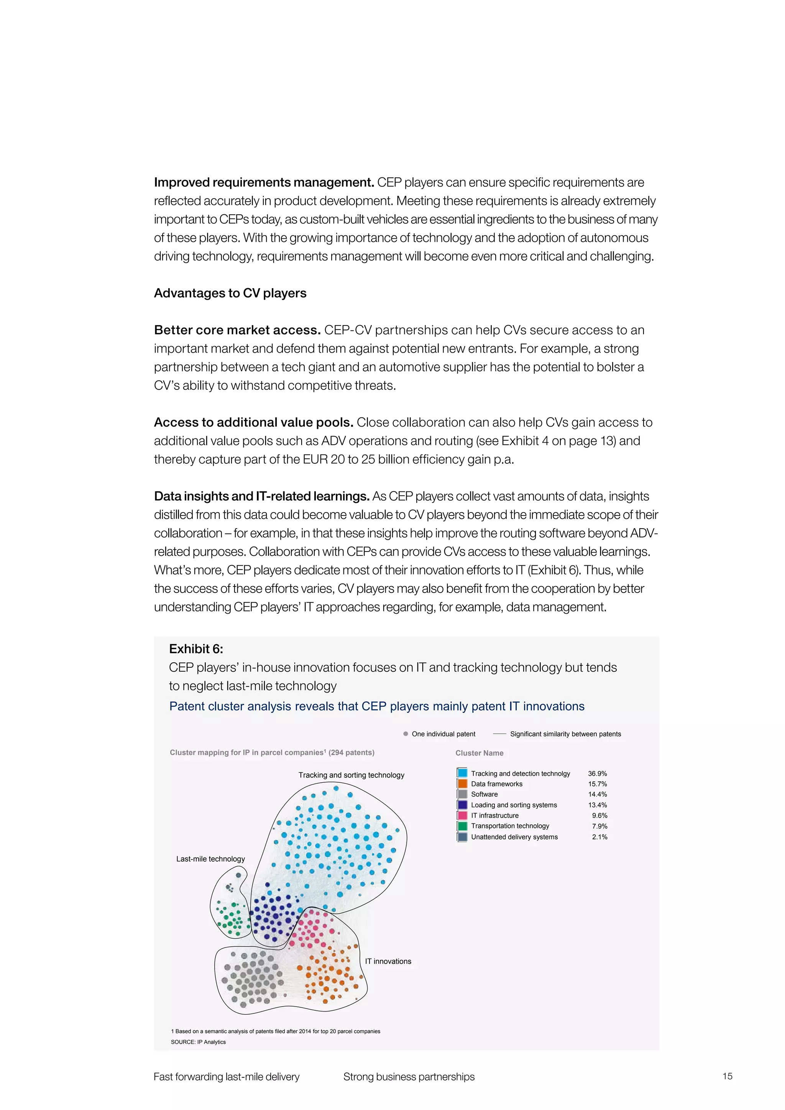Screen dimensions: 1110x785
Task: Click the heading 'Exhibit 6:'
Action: click(196, 649)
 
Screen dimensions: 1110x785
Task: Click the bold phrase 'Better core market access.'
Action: click(237, 330)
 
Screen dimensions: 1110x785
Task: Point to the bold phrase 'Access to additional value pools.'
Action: click(254, 422)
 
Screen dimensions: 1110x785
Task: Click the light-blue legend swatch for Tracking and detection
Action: click(462, 773)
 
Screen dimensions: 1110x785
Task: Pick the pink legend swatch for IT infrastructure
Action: click(462, 815)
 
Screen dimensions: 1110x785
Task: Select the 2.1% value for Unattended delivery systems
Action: click(599, 837)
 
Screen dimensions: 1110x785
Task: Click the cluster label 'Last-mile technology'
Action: click(210, 859)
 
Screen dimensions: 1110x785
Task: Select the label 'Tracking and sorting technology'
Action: click(351, 775)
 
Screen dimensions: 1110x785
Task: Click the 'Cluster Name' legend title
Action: click(479, 753)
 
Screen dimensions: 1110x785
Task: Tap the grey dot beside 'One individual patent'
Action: click(406, 734)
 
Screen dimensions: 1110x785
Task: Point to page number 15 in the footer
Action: click(727, 1076)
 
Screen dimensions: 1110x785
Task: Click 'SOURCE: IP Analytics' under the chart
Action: click(198, 1042)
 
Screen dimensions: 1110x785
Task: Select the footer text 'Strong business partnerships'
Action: click(409, 1077)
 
